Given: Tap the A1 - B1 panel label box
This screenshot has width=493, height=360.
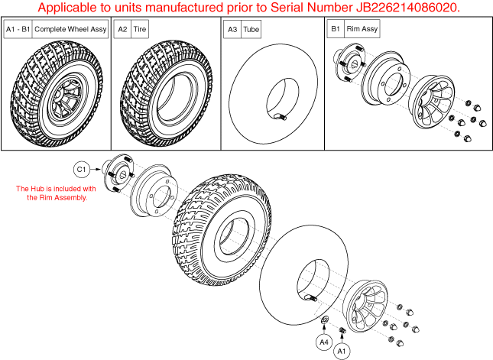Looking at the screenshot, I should (x=17, y=29).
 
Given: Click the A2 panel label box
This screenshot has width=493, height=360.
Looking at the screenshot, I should (x=122, y=29).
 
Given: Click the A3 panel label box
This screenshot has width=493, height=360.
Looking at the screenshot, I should (x=232, y=29).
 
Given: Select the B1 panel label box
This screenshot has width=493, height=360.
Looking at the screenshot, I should (x=334, y=29).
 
